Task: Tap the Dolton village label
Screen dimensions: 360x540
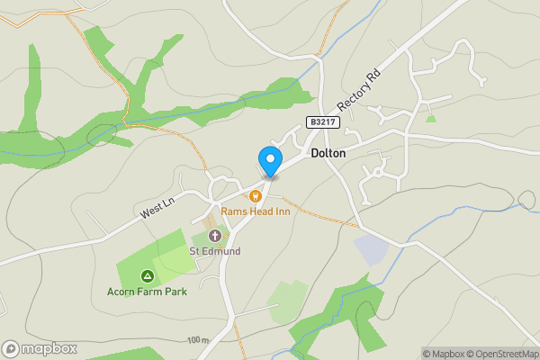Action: coord(328,154)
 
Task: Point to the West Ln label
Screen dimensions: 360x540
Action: coord(157,212)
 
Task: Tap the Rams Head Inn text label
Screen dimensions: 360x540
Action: coord(256,211)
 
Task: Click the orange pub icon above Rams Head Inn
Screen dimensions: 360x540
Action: coord(256,195)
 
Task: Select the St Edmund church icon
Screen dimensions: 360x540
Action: coord(214,236)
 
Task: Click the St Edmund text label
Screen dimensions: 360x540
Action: coord(214,251)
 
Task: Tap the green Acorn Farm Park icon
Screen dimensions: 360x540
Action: coord(146,276)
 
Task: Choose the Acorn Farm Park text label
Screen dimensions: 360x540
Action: coord(146,292)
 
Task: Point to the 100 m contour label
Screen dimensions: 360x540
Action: coord(198,340)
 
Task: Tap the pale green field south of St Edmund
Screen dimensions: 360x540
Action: coord(288,300)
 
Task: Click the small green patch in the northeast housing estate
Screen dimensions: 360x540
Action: coord(431,118)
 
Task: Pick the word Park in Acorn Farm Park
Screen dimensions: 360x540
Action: coord(173,292)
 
